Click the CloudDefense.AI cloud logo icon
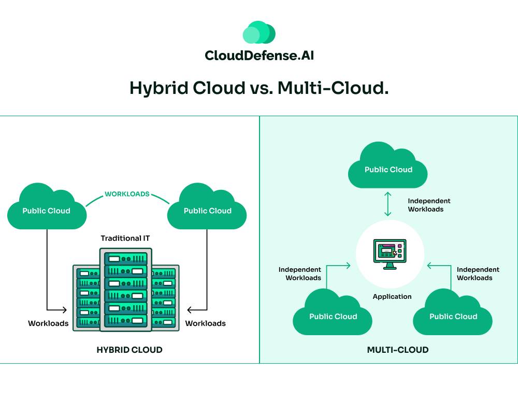coord(259,32)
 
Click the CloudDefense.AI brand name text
coord(259,55)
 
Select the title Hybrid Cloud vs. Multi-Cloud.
coord(259,88)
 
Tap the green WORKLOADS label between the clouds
coord(127,194)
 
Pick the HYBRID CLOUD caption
coord(129,350)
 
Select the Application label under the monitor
coord(392,297)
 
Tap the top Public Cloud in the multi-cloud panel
coord(388,167)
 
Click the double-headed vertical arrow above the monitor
coord(387,204)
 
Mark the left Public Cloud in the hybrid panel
coord(47,209)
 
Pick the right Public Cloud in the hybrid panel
coord(207,209)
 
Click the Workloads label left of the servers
coord(48,323)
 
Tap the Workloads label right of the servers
coord(206,323)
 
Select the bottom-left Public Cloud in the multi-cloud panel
coord(333,314)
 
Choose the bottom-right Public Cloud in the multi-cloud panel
coord(453,314)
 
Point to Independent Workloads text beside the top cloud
coord(429,205)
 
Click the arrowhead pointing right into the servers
coord(65,310)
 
